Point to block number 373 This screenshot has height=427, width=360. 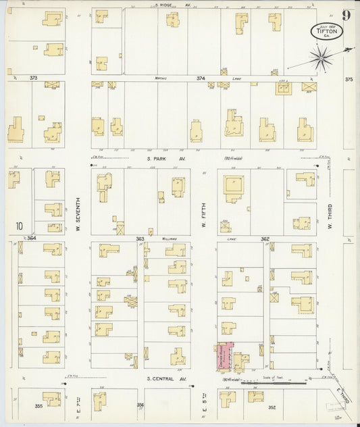pos(33,78)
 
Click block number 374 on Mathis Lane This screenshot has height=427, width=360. pos(200,78)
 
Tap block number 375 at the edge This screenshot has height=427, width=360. pos(349,79)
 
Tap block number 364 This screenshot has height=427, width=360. pos(31,238)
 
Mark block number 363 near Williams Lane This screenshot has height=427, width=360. pos(140,238)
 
